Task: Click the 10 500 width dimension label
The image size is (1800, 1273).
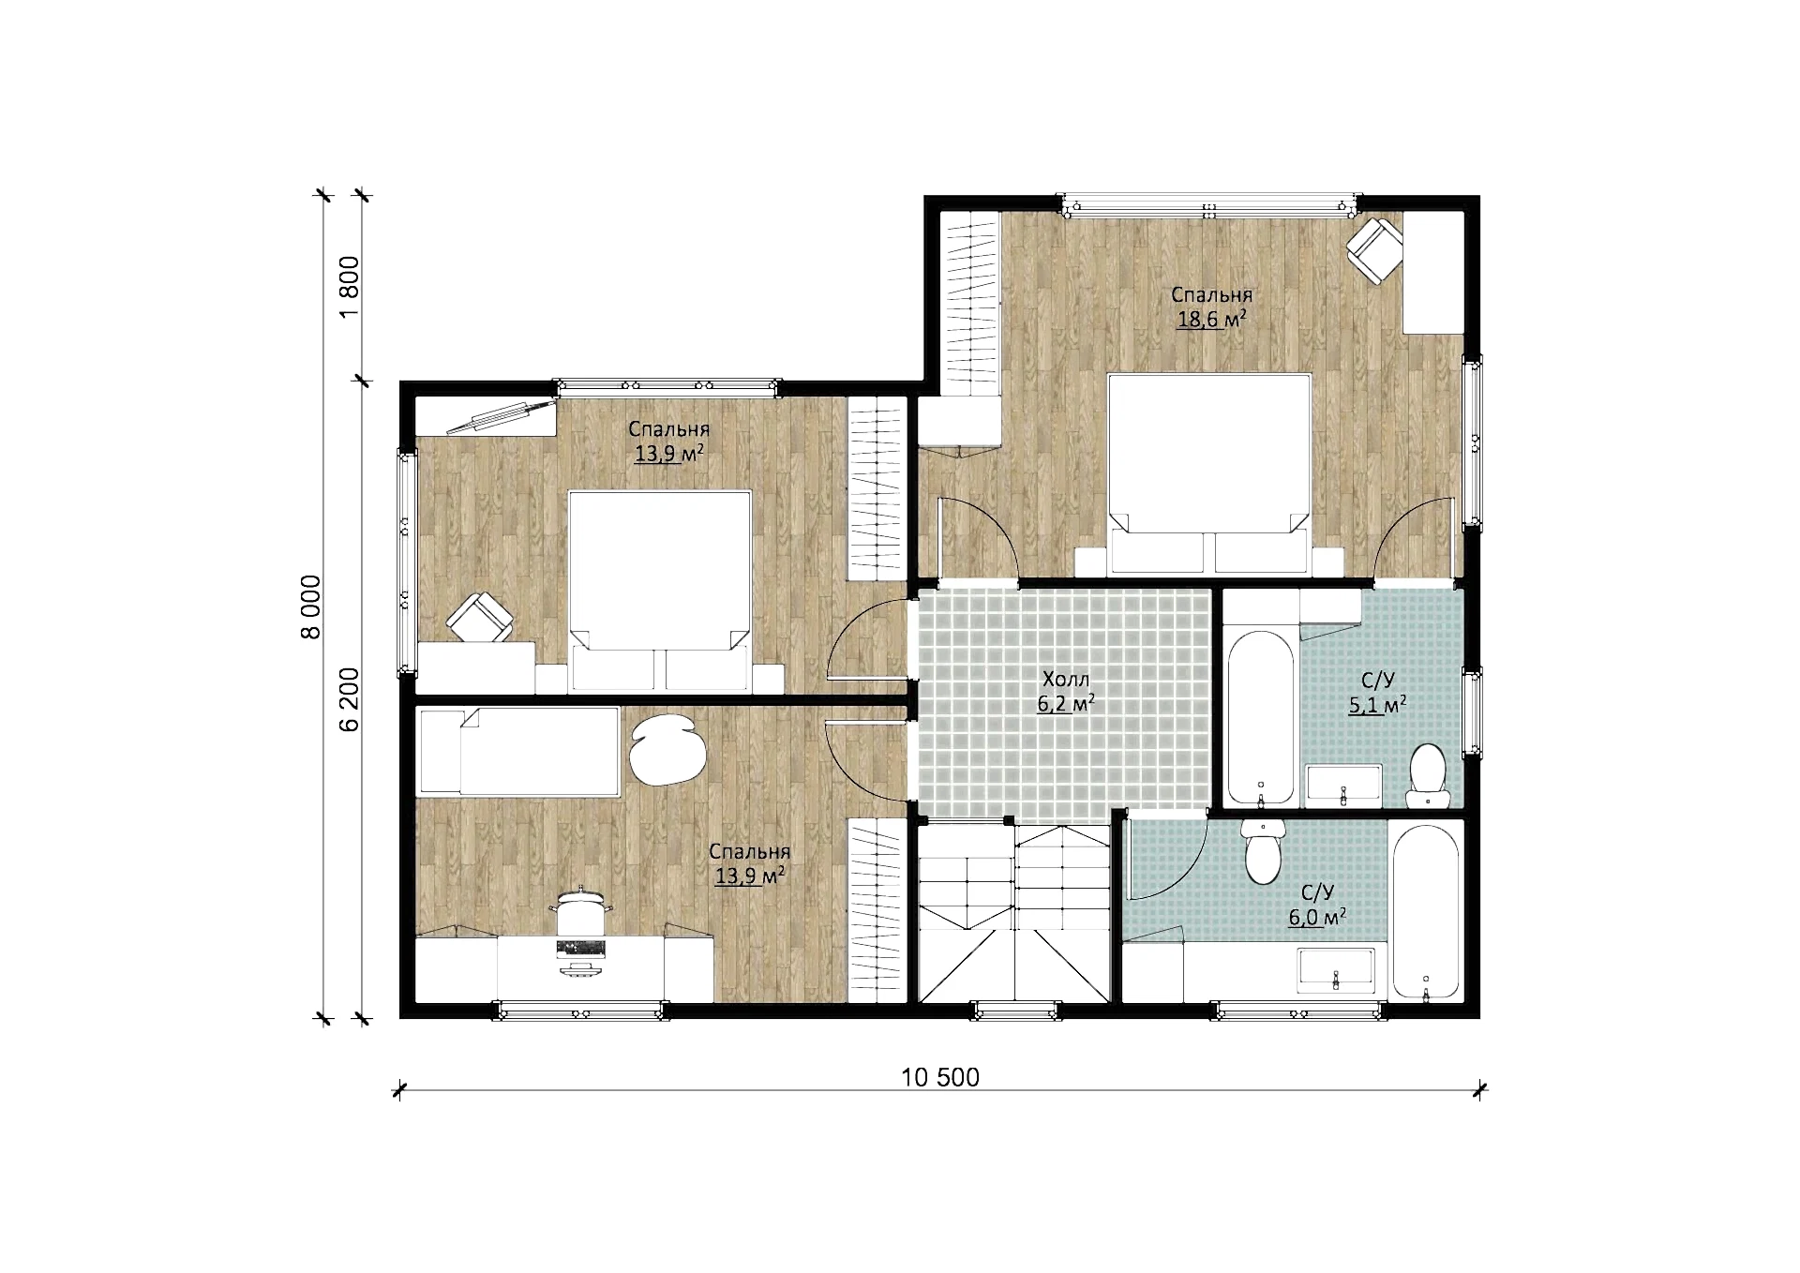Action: [x=940, y=1077]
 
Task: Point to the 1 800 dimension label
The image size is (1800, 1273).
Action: [x=349, y=287]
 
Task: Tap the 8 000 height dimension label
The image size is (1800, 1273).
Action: [x=310, y=607]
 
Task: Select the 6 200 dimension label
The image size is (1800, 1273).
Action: [x=349, y=699]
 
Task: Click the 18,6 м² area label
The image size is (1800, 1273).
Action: [x=1211, y=320]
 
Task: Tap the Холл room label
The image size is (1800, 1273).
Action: [x=1066, y=679]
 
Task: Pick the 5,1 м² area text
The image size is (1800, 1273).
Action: [x=1376, y=705]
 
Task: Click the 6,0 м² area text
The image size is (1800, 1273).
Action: [x=1317, y=917]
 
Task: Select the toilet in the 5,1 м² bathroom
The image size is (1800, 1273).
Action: [x=1428, y=775]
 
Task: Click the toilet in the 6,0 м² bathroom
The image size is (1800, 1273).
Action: [x=1262, y=851]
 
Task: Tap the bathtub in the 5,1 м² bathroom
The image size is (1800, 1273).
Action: [x=1261, y=719]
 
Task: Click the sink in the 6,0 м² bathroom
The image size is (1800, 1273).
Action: [x=1336, y=969]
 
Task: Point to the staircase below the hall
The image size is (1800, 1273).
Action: [x=1013, y=914]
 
